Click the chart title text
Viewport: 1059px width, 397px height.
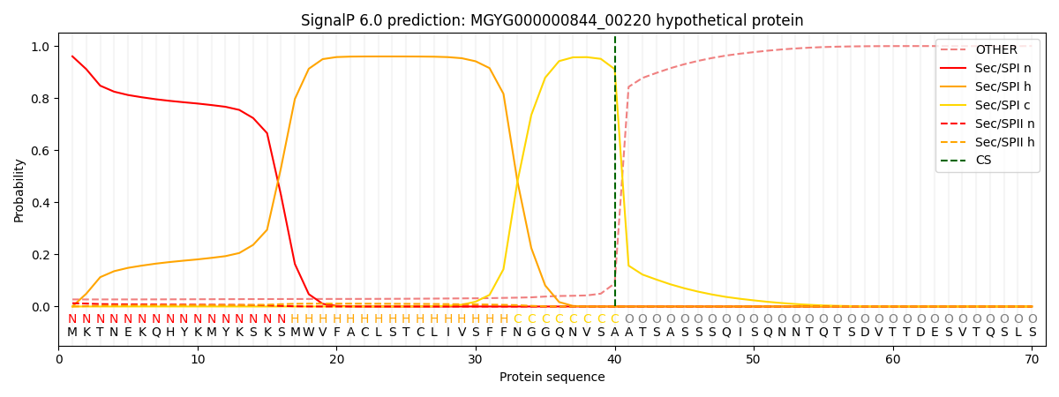click(x=552, y=20)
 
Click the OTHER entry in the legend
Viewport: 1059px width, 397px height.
click(x=996, y=50)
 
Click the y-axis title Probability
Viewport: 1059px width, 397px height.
click(x=19, y=190)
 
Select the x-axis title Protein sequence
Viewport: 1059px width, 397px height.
click(x=552, y=378)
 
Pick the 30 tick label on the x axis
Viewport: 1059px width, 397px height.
click(x=476, y=359)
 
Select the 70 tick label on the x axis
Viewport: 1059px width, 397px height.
click(x=1032, y=359)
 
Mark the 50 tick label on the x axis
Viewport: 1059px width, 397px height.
click(x=754, y=359)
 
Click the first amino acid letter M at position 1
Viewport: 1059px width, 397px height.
click(x=72, y=333)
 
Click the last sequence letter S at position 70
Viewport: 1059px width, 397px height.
click(x=1032, y=333)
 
